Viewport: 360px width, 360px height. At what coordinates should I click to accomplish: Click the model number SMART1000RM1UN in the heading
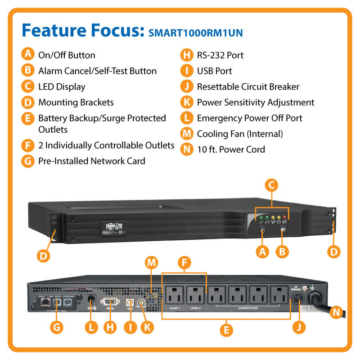tap(195, 33)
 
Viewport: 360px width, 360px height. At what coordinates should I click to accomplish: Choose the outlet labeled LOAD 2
tap(196, 295)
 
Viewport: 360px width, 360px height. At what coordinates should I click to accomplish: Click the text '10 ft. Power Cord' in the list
tap(231, 149)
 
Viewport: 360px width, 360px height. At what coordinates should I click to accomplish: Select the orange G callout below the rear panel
tap(57, 328)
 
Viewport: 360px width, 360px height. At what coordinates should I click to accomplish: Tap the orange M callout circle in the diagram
tap(152, 262)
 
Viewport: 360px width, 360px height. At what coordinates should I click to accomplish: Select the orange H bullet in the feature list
tap(186, 55)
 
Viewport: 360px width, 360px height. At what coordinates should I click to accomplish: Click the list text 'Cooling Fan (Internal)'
tap(239, 134)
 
